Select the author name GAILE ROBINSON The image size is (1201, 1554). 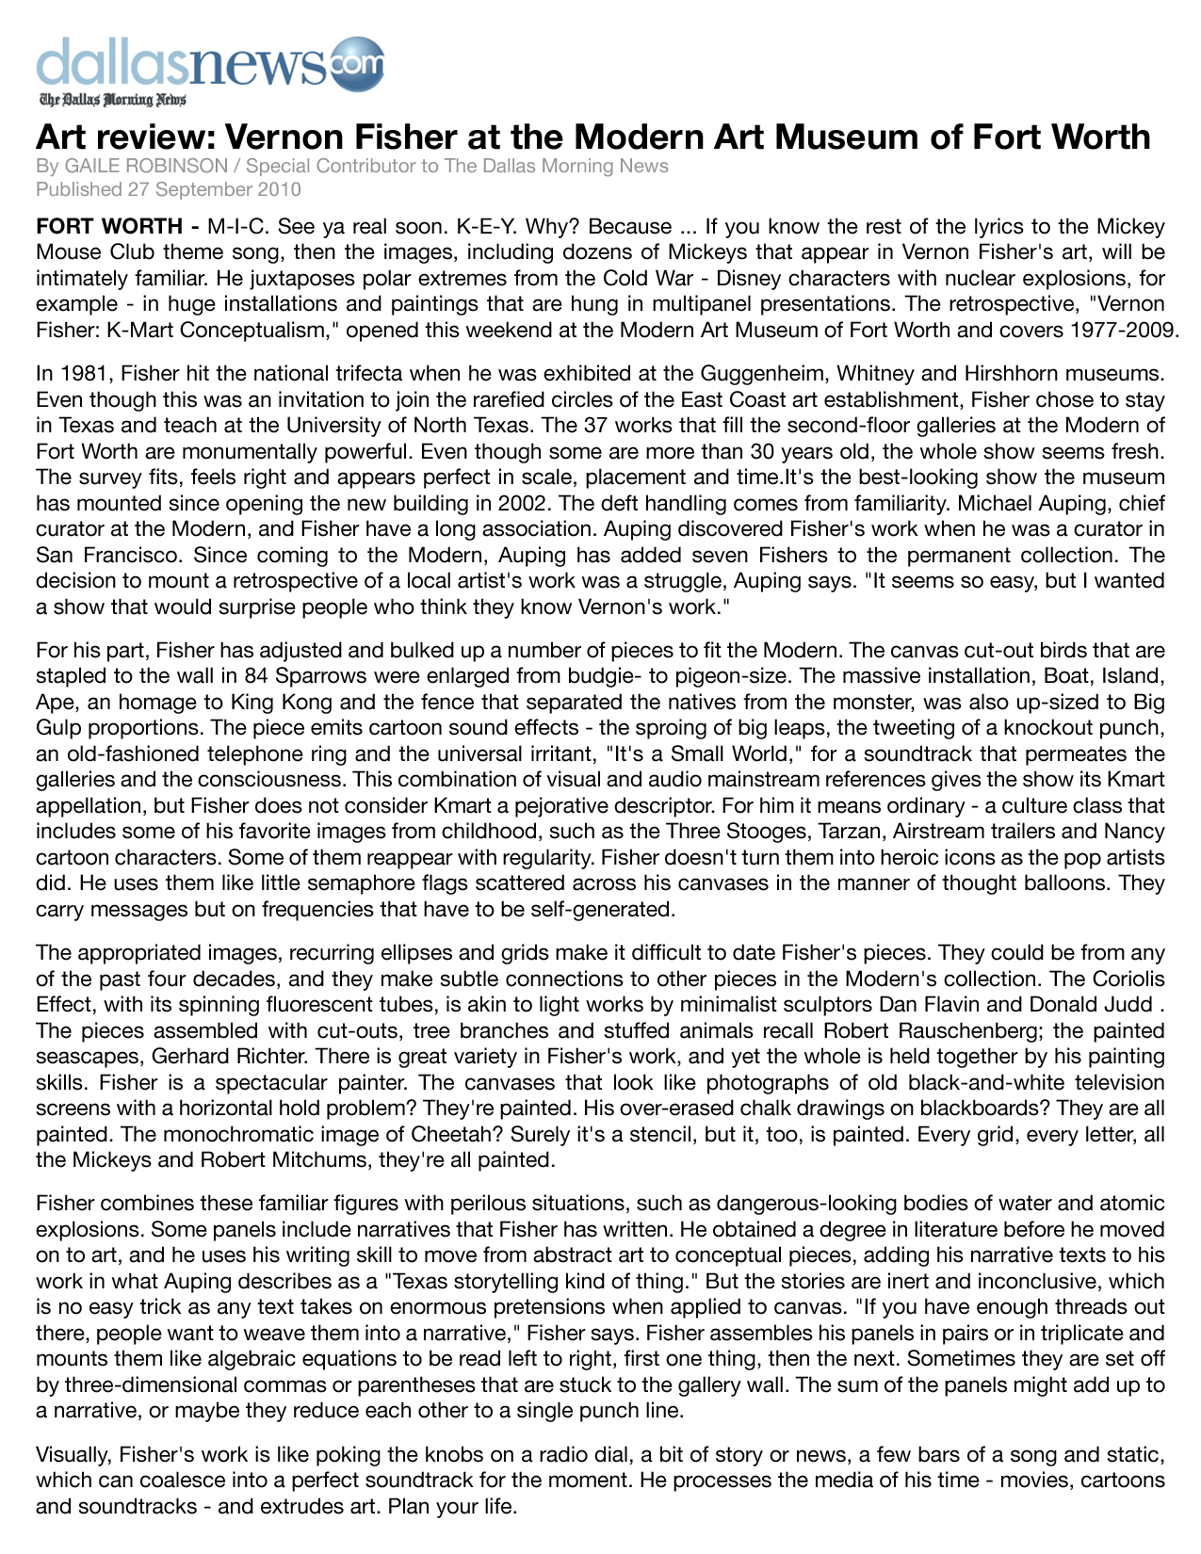pyautogui.click(x=146, y=167)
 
